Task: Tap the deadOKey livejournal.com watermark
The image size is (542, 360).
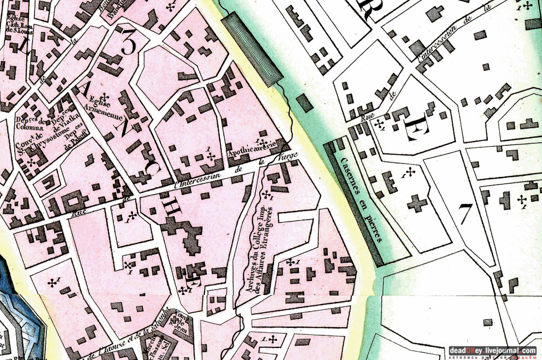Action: click(492, 351)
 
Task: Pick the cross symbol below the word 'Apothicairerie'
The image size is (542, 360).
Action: click(211, 157)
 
